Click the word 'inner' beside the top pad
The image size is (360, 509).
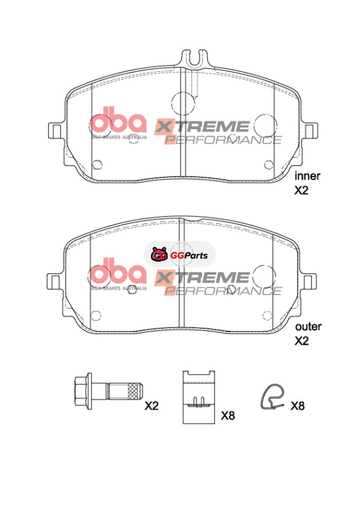[307, 176]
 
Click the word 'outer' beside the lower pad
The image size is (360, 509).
[308, 326]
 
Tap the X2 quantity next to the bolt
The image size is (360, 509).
[151, 406]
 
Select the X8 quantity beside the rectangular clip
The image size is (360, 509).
[228, 416]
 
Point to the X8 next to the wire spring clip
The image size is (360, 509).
[297, 406]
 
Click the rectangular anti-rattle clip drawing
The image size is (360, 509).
[198, 397]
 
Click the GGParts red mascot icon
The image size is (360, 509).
[160, 254]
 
